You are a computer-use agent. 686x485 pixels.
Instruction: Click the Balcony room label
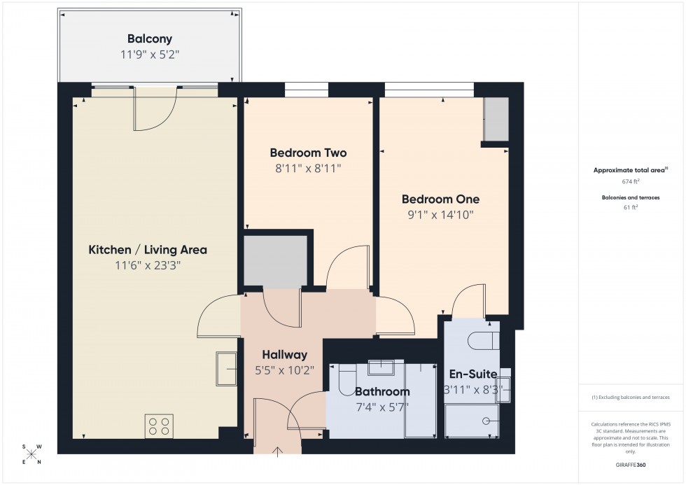150,39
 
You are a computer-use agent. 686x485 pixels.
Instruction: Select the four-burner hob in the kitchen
159,426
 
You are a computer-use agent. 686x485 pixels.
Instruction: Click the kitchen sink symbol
226,368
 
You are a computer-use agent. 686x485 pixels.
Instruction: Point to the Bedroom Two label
308,153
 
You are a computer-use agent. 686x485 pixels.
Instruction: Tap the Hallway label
285,355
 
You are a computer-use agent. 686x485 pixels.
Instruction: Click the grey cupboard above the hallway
276,260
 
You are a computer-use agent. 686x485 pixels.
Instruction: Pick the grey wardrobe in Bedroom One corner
497,120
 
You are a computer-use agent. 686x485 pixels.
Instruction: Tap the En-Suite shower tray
473,419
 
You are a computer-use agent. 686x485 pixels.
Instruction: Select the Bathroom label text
381,391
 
